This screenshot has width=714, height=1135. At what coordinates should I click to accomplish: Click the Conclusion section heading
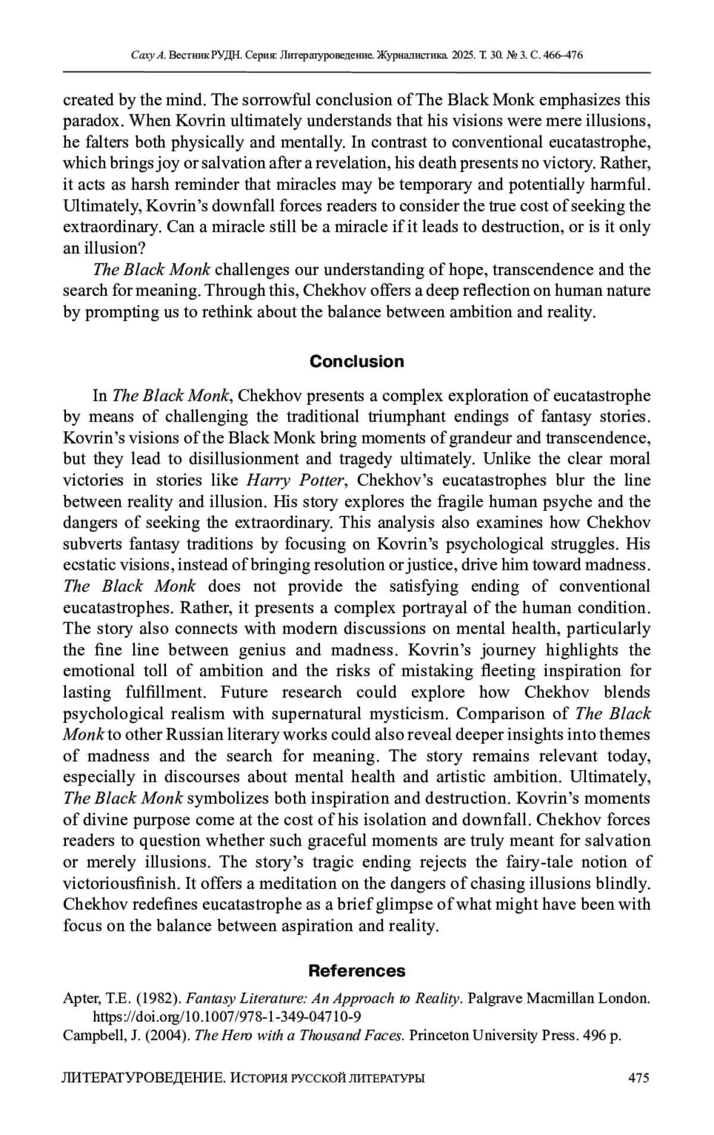pos(356,361)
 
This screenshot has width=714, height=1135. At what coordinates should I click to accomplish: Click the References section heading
pos(356,971)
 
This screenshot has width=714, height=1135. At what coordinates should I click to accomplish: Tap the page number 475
pos(638,1077)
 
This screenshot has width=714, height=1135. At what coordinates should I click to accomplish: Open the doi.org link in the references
pos(228,1015)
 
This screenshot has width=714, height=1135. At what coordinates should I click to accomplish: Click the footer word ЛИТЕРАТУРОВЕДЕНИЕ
pos(143,1077)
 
